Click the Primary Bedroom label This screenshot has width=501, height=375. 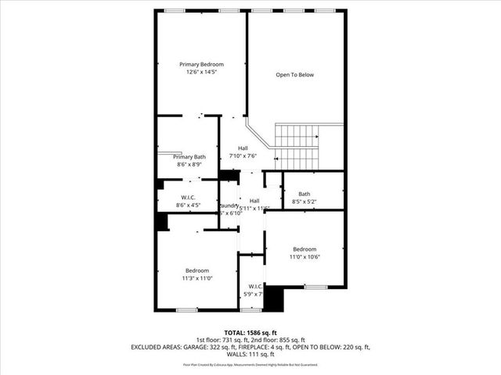(201, 64)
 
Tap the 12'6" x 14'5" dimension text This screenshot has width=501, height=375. (201, 72)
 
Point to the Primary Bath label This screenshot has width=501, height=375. (189, 157)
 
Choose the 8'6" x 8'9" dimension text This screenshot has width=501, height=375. (189, 165)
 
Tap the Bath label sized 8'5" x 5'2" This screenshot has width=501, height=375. (304, 194)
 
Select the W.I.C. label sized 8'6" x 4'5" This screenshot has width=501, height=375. (188, 198)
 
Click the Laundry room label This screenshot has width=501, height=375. (229, 205)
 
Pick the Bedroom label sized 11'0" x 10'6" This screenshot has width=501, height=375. (305, 249)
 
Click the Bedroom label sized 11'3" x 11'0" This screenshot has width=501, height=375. (197, 270)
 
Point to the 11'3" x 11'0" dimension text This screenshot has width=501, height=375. (197, 278)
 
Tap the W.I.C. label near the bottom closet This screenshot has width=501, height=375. (255, 287)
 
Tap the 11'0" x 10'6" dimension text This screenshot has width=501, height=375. (305, 257)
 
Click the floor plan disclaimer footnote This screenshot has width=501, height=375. (250, 365)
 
